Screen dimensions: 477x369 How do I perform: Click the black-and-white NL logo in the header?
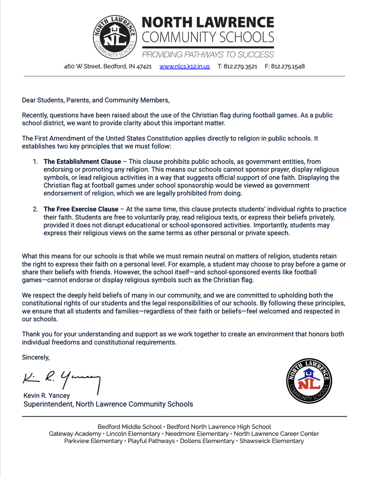tap(115, 36)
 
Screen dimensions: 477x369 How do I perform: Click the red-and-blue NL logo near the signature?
tap(309, 381)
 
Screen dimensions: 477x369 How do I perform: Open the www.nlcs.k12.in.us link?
tap(184, 67)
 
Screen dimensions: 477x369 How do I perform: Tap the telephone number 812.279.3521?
tap(237, 67)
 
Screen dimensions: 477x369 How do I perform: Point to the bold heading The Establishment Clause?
tap(82, 162)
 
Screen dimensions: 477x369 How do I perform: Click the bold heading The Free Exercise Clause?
tap(81, 209)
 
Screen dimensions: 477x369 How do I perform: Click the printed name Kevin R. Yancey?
tap(47, 395)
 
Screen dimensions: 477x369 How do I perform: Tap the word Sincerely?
tap(35, 357)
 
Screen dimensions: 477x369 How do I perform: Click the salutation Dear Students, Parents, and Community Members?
tap(96, 100)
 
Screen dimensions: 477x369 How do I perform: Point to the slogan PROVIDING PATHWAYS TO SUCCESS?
tap(208, 54)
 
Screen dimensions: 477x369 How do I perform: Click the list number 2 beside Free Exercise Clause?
tap(35, 209)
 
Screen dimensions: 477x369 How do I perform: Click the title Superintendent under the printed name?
tap(48, 404)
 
